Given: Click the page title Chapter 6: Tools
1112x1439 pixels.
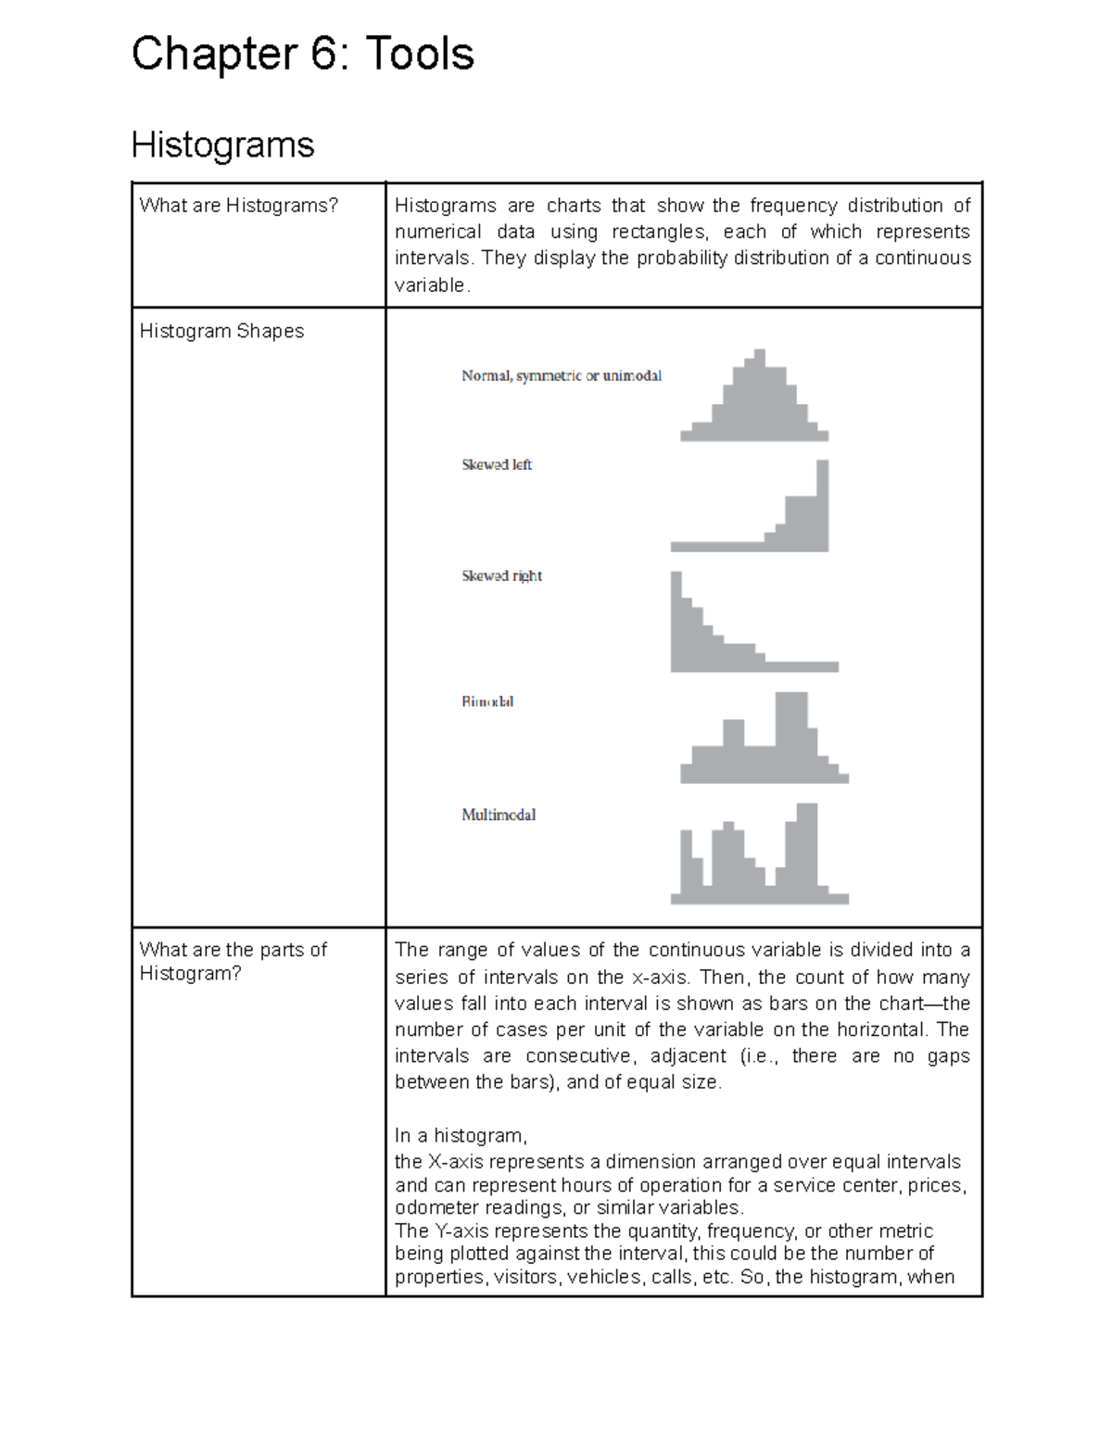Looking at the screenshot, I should [x=303, y=54].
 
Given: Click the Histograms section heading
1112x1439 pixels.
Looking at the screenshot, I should [x=222, y=145].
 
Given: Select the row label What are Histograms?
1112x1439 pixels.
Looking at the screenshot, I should [x=239, y=206].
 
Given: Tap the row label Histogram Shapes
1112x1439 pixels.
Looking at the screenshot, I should [x=221, y=331].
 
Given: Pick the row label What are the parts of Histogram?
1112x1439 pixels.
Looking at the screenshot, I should [x=233, y=961].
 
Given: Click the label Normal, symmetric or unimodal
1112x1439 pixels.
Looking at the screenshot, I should [x=561, y=375].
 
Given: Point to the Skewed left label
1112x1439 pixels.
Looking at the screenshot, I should [x=497, y=464].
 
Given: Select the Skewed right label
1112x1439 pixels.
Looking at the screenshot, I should [x=501, y=575].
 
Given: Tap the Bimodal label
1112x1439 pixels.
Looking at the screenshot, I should [x=487, y=701].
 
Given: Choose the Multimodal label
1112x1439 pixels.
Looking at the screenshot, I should [x=499, y=814].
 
